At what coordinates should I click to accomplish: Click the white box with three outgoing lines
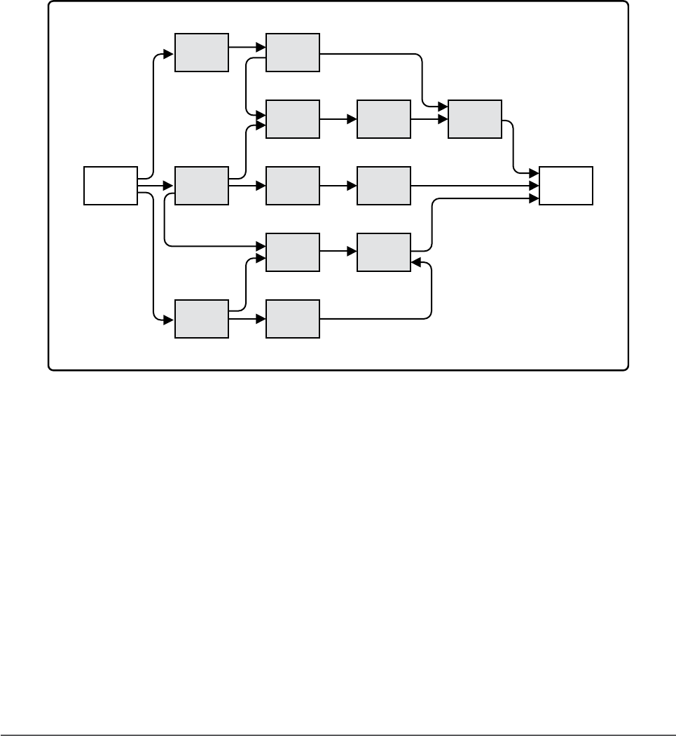coord(111,186)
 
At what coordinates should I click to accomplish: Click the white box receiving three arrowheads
coord(566,186)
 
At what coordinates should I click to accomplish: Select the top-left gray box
coord(202,52)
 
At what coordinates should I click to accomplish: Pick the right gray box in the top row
coord(293,52)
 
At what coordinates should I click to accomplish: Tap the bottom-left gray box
coord(202,319)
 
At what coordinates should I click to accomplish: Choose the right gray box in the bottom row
coord(293,319)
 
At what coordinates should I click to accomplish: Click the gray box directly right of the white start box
coord(202,186)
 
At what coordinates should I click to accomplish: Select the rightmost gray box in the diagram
coord(475,119)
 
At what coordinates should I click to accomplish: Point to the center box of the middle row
coord(293,186)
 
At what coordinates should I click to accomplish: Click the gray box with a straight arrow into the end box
coord(384,186)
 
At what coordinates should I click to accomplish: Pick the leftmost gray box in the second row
coord(293,119)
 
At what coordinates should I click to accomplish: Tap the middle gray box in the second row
coord(384,119)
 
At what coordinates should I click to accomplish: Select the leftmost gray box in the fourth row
coord(293,252)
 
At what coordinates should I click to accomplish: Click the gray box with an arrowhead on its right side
coord(384,252)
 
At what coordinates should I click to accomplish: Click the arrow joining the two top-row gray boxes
coord(247,48)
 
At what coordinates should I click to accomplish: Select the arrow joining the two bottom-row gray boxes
coord(247,319)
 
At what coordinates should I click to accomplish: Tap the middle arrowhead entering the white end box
coord(534,186)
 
